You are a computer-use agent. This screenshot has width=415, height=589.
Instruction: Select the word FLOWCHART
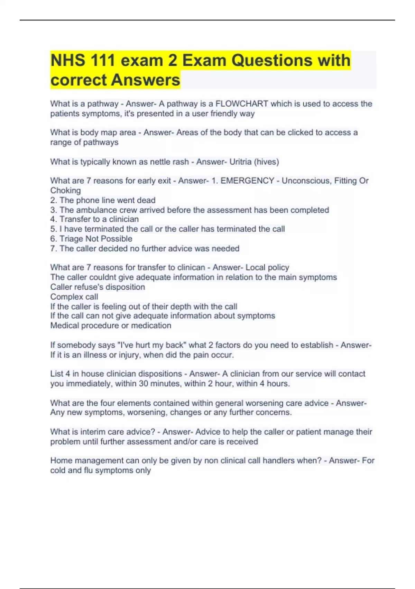[x=242, y=104]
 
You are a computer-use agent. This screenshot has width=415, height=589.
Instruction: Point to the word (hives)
[x=266, y=162]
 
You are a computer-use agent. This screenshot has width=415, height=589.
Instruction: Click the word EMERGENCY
[x=247, y=181]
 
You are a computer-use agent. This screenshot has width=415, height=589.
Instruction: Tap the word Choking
[x=65, y=191]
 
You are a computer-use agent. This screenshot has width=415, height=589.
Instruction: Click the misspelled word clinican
[x=191, y=267]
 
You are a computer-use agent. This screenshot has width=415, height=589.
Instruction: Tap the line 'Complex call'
[x=74, y=297]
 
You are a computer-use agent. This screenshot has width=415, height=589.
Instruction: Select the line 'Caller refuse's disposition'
[x=98, y=287]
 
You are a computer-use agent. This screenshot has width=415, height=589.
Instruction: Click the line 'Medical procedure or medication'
[x=111, y=326]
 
